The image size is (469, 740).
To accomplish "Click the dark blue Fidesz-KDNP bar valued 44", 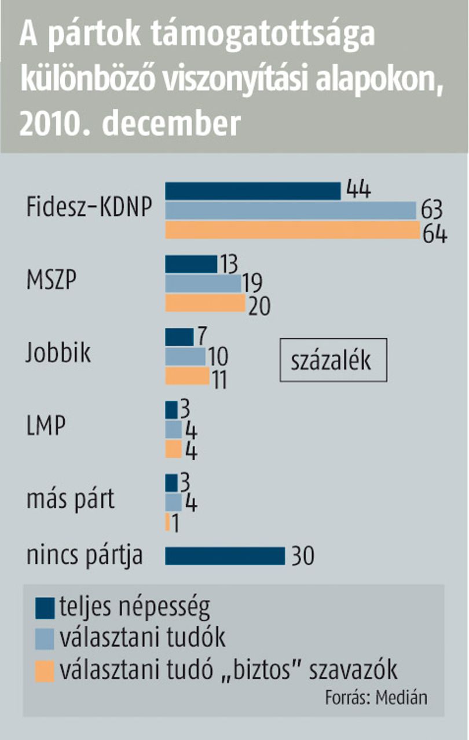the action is pos(253,191).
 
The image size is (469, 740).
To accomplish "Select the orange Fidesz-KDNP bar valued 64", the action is pos(292,230).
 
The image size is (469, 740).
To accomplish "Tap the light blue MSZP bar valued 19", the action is pos(203,284).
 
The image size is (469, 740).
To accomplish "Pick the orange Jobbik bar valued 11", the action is pos(187,376).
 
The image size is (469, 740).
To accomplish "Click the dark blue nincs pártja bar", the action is pos(225,556).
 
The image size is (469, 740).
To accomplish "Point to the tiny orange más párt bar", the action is pos(167,522).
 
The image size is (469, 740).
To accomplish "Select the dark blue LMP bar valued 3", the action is pos(171,410).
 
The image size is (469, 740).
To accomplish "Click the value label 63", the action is pos(431,210).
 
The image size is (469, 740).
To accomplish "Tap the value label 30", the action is pos(303,556).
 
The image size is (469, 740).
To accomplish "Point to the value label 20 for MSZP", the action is pos(259,306).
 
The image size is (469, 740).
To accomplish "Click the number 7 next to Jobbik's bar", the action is pos(201,336).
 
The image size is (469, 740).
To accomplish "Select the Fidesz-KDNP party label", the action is pos(89,207).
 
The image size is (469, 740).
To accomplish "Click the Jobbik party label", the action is pos(58,353).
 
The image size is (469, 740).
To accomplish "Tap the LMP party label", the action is pos(46,425).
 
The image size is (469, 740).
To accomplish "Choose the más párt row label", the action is pos(71,500).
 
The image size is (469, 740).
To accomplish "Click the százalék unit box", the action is pos(334,360).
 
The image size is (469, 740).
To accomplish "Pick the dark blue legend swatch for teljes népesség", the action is pos(45,608).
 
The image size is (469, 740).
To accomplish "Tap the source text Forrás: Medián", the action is pos(376,697).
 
